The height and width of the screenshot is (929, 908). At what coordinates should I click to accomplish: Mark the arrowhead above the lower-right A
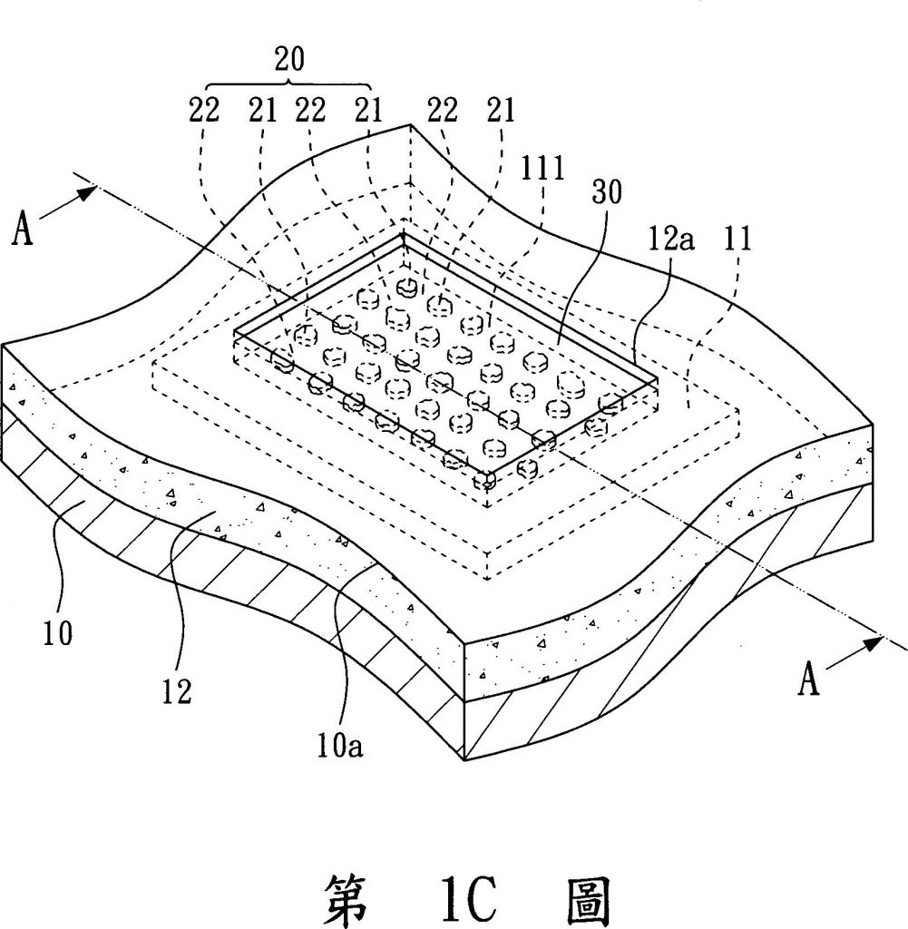pyautogui.click(x=873, y=643)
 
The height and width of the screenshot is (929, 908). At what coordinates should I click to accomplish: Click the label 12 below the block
pyautogui.click(x=177, y=692)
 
